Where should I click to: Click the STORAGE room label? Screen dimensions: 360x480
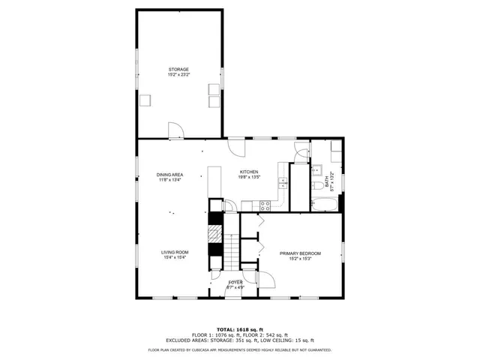point(178,69)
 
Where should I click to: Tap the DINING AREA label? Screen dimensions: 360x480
point(170,175)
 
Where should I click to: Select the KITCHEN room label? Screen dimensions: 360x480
point(249,172)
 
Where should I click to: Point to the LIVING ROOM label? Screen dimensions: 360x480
point(175,252)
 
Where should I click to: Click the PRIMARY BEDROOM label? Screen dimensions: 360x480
point(300,253)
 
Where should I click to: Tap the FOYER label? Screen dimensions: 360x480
point(235,282)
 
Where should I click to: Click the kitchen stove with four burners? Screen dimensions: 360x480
point(265,205)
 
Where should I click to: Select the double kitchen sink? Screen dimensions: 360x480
point(281,182)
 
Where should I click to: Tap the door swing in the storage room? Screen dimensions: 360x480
point(175,131)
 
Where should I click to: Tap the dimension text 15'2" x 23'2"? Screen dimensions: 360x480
point(178,75)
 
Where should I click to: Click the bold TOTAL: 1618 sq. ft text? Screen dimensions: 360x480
point(239,329)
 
